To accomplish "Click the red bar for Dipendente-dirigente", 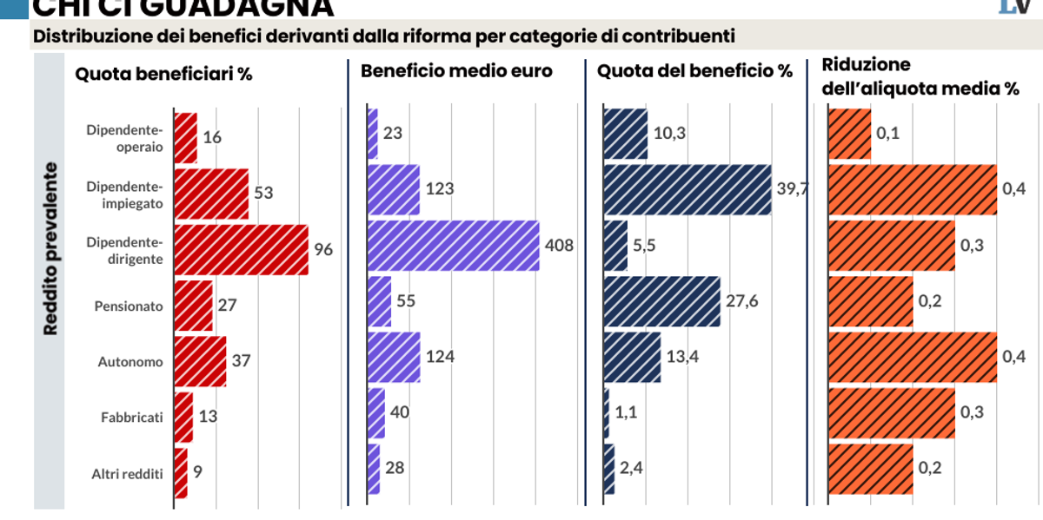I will pos(241,250).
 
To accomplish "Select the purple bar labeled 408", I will pos(453,246).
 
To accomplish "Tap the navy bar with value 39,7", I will pos(687,189).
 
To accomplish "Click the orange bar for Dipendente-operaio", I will pos(849,135).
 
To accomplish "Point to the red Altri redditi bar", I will pos(181,473).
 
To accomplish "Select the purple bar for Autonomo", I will pos(394,357).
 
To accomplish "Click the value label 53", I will pos(263,192).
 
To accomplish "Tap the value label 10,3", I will pos(669,134).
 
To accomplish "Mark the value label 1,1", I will pos(627,413).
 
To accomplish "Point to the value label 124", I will pos(440,356).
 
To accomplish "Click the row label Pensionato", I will pos(128,306).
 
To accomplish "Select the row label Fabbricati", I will pos(131,418).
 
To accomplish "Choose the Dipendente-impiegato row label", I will pos(125,194).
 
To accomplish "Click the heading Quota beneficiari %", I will pos(163,73).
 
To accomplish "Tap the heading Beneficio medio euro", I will pos(456,71).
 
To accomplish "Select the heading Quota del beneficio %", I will pos(694,71).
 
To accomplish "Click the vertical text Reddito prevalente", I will pos(51,250).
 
